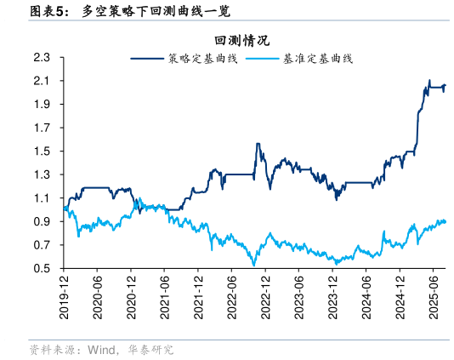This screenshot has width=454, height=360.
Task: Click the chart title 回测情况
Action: pyautogui.click(x=241, y=40)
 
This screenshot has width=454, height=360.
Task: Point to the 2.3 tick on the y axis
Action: pyautogui.click(x=42, y=58)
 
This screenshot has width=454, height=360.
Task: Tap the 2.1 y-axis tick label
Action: pyautogui.click(x=42, y=81)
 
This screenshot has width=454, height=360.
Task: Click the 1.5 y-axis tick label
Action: pyautogui.click(x=42, y=151)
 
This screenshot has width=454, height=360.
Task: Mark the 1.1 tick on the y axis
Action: pyautogui.click(x=42, y=198)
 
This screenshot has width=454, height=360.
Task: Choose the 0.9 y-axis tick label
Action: pyautogui.click(x=42, y=222)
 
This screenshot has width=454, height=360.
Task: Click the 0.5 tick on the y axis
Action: pyautogui.click(x=42, y=269)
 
